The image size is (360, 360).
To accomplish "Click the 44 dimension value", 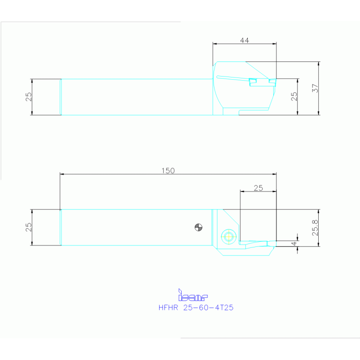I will (244, 40).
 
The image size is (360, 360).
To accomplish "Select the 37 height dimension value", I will (315, 88).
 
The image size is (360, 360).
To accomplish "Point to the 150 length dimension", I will (168, 170).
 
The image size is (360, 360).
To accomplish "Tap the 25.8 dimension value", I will (315, 228).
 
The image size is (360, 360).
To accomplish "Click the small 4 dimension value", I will (294, 244).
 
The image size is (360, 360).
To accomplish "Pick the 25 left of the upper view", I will (29, 97).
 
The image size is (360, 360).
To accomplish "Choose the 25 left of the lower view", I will (29, 227).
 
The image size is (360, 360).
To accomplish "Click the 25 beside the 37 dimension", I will (294, 97).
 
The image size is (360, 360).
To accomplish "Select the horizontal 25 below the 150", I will (258, 188).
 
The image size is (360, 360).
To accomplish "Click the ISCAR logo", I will (192, 296).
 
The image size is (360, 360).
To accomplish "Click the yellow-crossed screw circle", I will (229, 236).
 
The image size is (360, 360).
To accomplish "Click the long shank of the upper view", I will (136, 97).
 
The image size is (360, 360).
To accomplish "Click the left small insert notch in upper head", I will (253, 81).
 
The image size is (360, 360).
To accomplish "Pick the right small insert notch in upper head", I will (272, 81).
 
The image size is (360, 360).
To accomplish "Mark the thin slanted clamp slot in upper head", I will (232, 78).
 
